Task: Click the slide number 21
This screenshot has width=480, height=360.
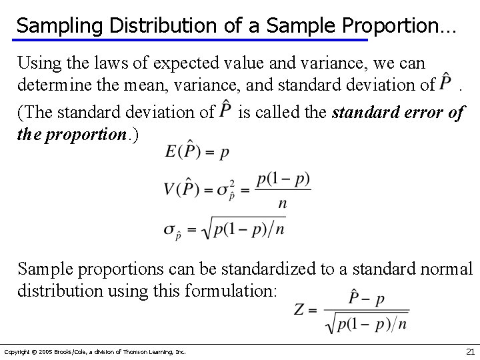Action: [x=470, y=351]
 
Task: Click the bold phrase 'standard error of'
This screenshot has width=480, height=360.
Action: [x=397, y=112]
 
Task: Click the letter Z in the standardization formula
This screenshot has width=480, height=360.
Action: [x=300, y=309]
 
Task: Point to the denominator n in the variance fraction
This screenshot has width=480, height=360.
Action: [x=283, y=203]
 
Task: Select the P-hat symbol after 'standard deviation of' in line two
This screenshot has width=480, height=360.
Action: [x=448, y=85]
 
